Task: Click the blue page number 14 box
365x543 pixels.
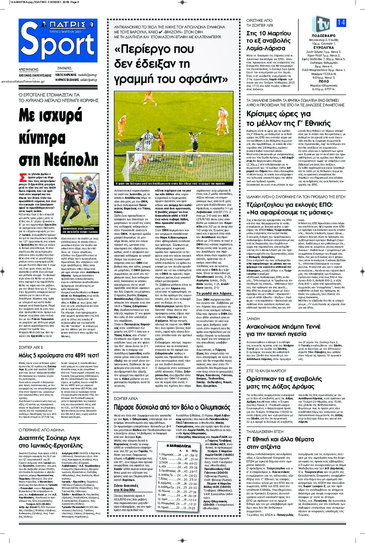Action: (341, 23)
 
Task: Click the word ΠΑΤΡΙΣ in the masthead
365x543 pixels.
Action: (59, 24)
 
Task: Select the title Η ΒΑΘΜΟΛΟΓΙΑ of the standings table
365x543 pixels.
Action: (179, 445)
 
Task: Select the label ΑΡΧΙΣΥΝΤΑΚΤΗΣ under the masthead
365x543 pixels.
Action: (29, 70)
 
